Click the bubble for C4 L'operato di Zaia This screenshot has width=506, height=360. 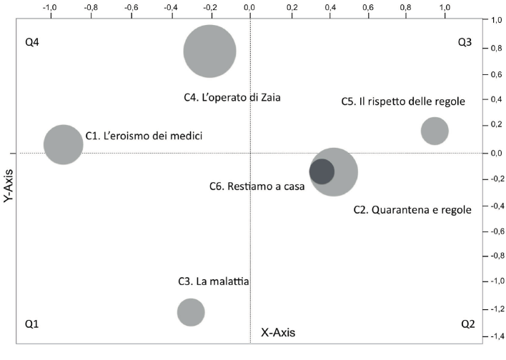point(209,51)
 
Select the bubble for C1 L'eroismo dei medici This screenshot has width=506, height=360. point(64,144)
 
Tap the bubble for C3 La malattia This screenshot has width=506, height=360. point(191,312)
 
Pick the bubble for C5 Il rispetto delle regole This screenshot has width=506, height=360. point(435,131)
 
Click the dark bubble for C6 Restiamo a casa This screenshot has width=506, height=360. point(322,171)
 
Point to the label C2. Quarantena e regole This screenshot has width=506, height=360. point(412,210)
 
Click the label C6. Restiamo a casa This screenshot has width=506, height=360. point(257,186)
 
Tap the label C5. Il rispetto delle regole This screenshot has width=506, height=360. point(403,101)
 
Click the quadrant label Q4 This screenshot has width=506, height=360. point(32,42)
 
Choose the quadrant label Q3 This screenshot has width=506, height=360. point(465,42)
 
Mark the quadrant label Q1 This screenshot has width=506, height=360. point(32,324)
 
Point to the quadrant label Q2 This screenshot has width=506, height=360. point(467,324)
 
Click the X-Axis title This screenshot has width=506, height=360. point(278,332)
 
